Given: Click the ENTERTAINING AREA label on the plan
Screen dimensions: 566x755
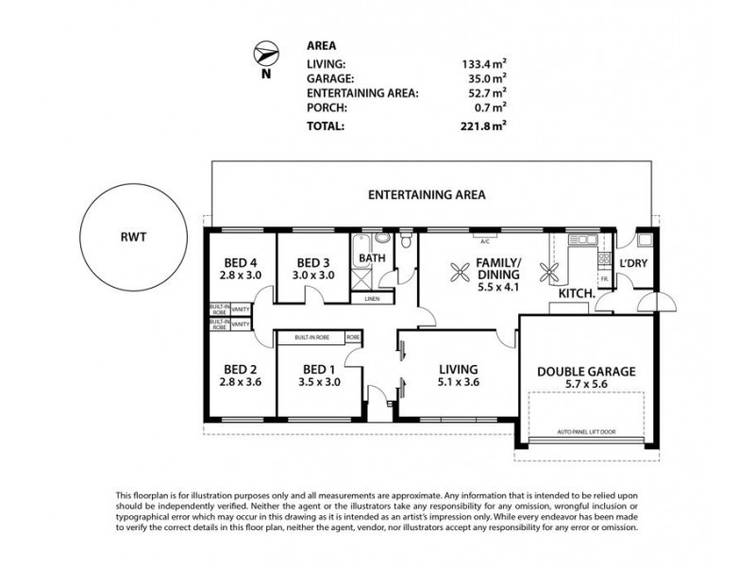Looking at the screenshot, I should click(x=427, y=196).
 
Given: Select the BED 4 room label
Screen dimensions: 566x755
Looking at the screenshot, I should click(x=241, y=269).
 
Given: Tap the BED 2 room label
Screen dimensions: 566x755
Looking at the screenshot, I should click(x=241, y=376).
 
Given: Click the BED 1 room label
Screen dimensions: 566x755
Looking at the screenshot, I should click(x=316, y=376).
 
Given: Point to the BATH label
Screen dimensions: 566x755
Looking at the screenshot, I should click(x=373, y=258).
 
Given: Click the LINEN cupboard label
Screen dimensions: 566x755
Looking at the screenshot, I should click(x=373, y=300).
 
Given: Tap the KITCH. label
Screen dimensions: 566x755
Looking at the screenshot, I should click(x=576, y=294).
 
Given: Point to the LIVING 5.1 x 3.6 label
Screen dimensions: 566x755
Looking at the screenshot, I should click(x=457, y=376).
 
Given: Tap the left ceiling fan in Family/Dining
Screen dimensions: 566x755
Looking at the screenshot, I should click(x=459, y=274).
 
